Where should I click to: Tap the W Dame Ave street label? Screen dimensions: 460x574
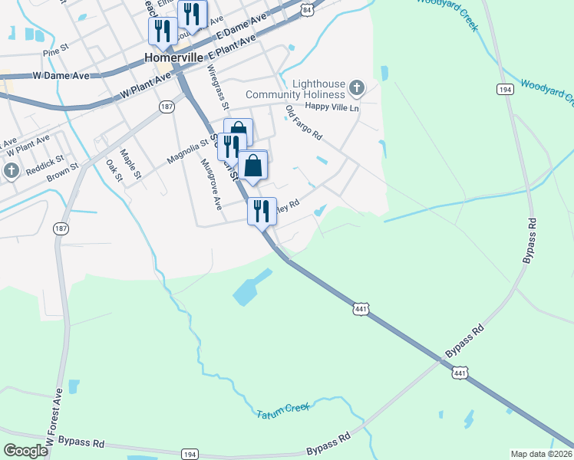pos(61,76)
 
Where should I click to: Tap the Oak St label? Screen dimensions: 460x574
pos(114,169)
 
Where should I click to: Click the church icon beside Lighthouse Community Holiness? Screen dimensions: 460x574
pos(356,89)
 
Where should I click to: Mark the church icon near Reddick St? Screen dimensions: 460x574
pos(11,172)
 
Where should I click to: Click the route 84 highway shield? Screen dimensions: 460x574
pos(308,9)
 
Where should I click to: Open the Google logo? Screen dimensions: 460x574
pos(26,451)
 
